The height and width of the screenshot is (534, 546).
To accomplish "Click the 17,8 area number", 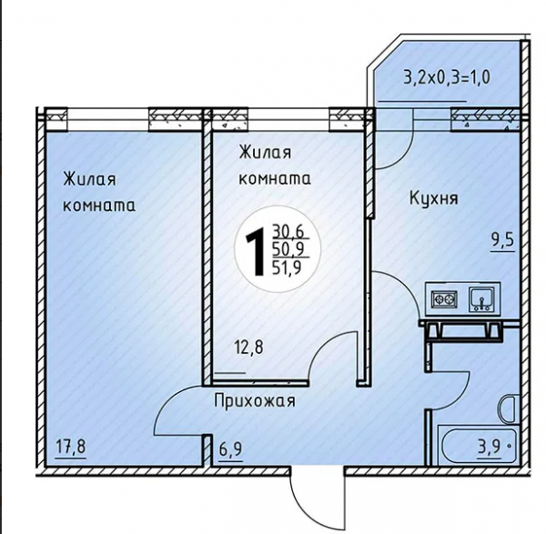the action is coord(71,447).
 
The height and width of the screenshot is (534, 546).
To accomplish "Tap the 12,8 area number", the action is coord(249,348).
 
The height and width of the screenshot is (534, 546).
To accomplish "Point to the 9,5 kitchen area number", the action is coord(502,240).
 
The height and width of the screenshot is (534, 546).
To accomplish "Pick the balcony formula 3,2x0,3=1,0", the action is coord(447,77).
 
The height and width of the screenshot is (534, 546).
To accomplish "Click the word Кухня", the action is coord(434,198).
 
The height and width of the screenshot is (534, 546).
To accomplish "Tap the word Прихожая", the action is coord(255,400).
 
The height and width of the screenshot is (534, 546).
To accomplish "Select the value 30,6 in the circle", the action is coord(288,231).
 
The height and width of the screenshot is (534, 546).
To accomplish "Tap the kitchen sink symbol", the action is coord(481,298).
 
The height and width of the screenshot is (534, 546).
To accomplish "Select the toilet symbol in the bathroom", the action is coord(509,409).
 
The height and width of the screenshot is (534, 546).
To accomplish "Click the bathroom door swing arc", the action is coord(460,396).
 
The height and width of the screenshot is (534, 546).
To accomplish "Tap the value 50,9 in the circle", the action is coord(288,249).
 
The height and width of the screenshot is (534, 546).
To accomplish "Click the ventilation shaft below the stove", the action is coord(464,329).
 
